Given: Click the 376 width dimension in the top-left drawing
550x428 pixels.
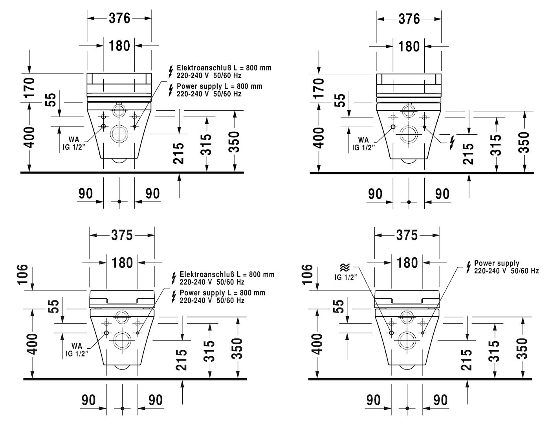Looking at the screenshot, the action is (119, 18).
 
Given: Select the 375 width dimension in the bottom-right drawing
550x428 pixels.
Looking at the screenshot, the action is (407, 236).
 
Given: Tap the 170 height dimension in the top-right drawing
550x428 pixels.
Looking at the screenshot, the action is (318, 88).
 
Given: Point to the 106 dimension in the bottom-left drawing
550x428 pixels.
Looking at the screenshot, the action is (23, 274).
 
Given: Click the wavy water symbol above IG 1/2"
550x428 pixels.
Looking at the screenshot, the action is (345, 267).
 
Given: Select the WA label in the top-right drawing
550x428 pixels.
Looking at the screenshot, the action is (363, 140).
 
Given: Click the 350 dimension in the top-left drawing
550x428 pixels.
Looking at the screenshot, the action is (234, 142).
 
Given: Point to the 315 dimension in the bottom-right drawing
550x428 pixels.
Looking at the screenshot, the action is (494, 351).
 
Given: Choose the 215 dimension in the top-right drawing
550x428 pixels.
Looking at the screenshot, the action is (468, 154).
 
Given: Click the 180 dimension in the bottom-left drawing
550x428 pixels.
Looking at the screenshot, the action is (122, 263).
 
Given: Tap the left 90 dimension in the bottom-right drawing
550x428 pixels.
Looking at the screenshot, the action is (373, 400).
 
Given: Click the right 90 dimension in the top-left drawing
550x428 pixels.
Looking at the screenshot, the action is (152, 194).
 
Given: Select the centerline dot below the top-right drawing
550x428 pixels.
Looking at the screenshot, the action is (409, 202).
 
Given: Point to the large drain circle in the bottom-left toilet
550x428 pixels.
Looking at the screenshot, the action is (122, 340).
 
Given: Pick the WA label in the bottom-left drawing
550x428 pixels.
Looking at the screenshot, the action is (77, 346).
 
